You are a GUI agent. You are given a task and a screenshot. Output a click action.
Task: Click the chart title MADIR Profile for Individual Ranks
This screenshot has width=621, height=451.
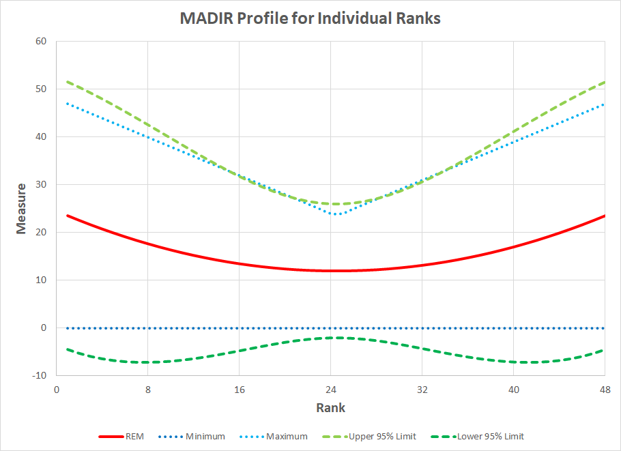click(x=310, y=18)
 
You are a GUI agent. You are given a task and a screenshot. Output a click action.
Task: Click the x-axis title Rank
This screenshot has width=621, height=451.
click(x=330, y=408)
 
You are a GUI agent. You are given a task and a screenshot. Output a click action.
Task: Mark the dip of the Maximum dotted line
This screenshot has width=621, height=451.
click(x=336, y=214)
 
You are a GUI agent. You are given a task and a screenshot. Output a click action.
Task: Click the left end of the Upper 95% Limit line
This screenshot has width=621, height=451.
click(x=67, y=82)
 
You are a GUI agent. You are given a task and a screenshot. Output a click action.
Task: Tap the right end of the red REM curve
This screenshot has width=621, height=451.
click(x=605, y=216)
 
